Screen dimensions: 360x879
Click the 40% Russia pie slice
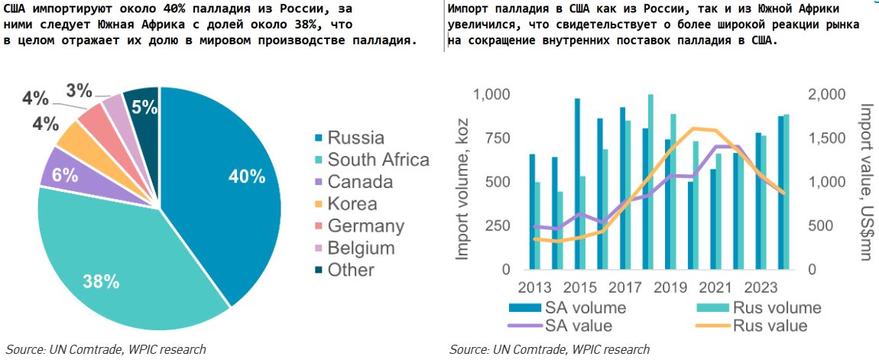tap(229, 183)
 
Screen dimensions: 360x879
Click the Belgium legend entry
tap(360, 248)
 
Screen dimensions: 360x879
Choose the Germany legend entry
tap(365, 225)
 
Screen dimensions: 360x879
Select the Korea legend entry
tap(351, 203)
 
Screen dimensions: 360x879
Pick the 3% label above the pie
tap(79, 89)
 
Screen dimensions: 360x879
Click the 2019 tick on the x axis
tap(670, 288)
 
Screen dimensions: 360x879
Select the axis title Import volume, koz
tap(462, 183)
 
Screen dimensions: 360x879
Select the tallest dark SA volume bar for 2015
tap(577, 183)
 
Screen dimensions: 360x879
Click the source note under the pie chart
tap(106, 349)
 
